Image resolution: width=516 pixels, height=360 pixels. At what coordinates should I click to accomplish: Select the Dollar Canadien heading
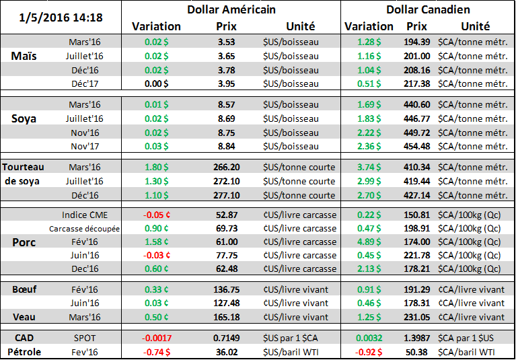click(x=428, y=9)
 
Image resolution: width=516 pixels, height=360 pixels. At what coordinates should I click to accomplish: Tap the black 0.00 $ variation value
click(x=156, y=83)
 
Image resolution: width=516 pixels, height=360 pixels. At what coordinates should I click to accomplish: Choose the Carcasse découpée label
click(x=84, y=228)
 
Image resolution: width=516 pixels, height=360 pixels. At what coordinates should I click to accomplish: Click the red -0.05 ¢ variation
click(x=156, y=215)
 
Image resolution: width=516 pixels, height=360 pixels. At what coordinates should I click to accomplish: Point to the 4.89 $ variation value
click(x=368, y=242)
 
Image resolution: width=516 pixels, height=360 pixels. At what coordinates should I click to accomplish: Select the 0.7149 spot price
click(x=227, y=336)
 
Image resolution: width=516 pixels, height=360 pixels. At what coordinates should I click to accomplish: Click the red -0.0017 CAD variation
click(x=156, y=336)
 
